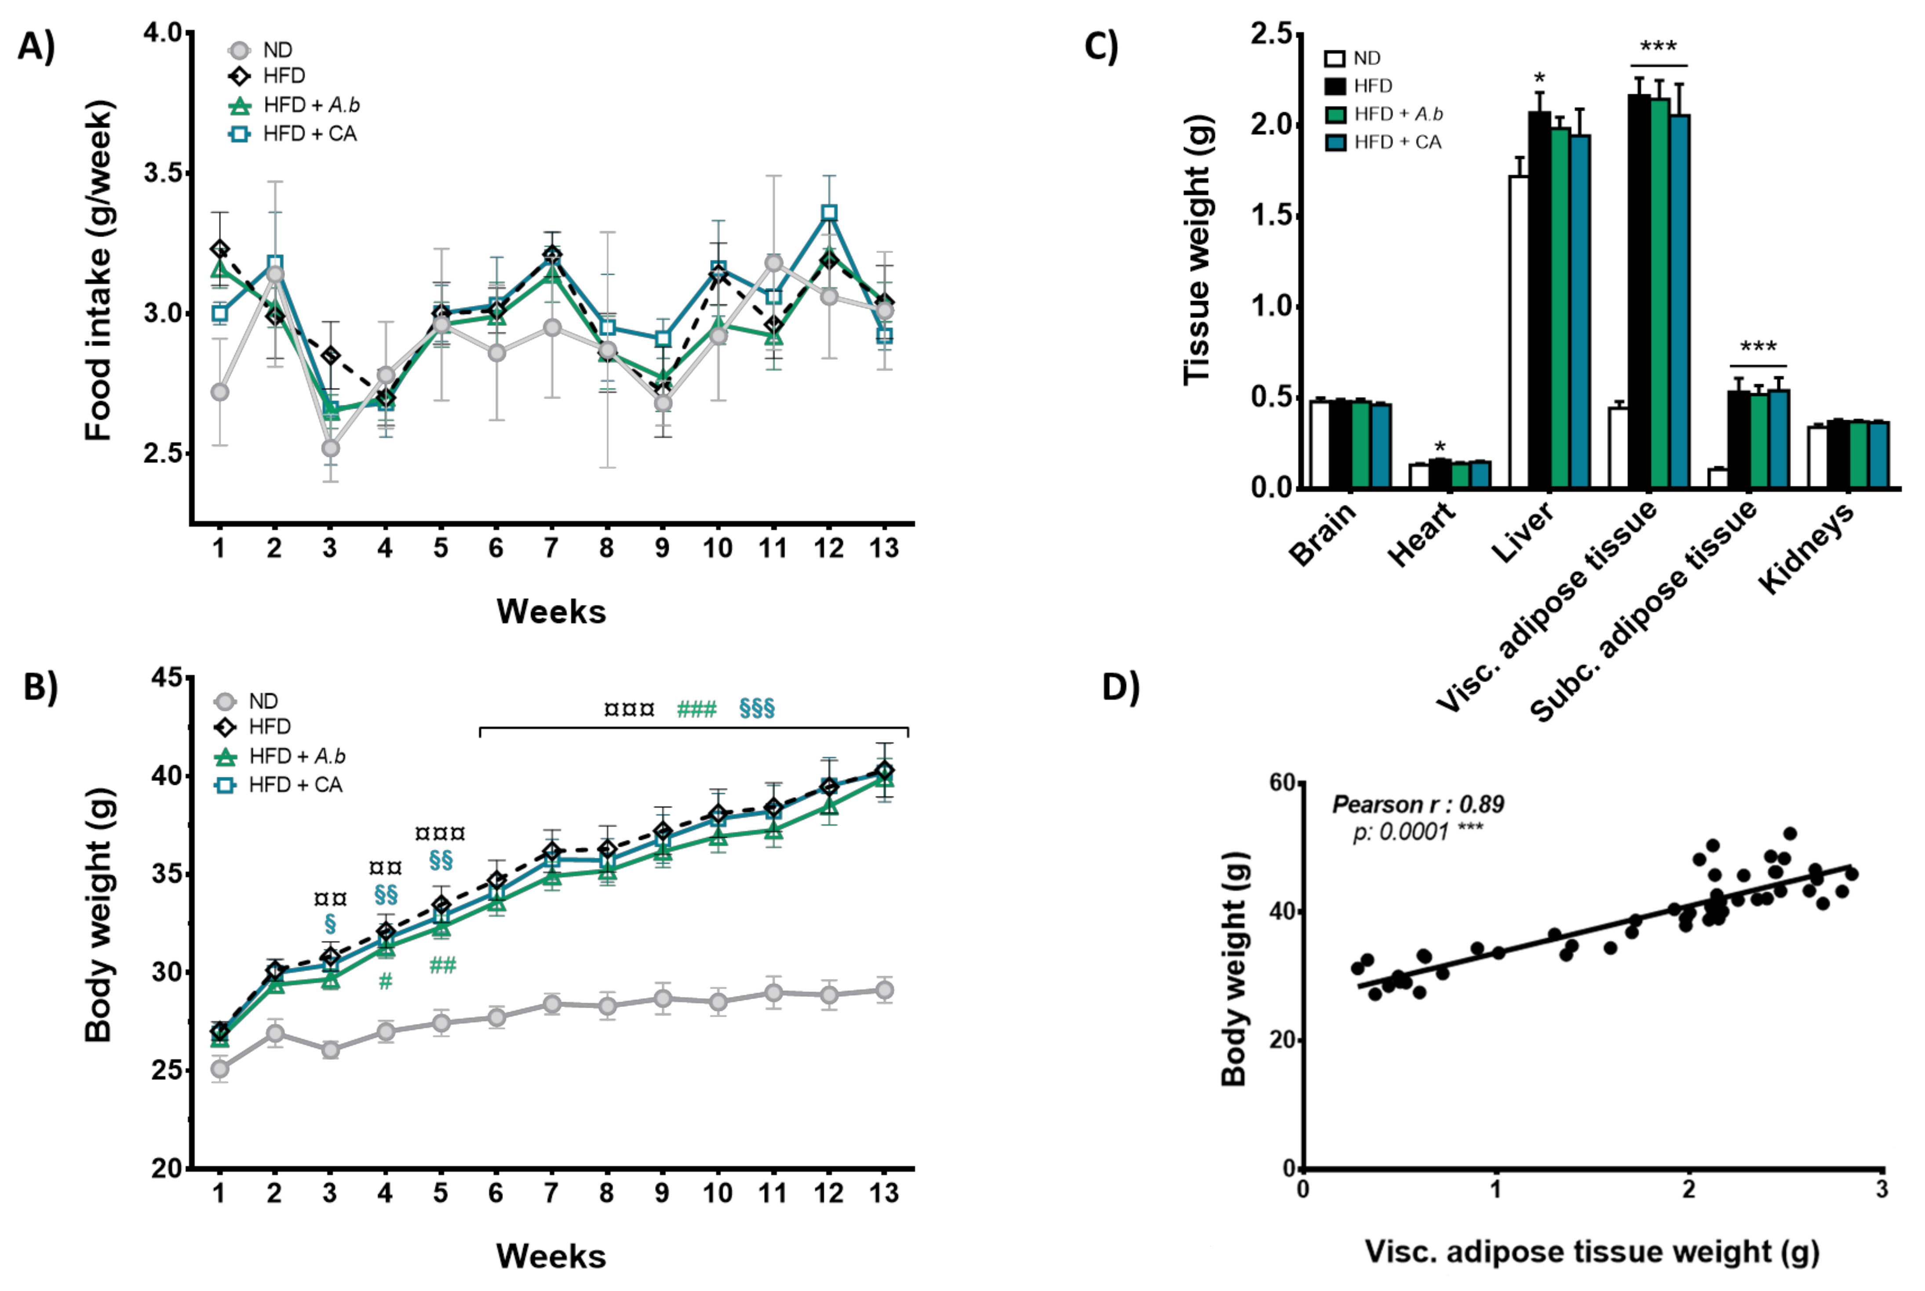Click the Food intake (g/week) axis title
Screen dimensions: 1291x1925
click(x=99, y=270)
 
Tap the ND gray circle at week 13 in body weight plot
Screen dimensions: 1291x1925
click(x=884, y=990)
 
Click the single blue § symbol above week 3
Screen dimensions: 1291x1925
click(x=330, y=923)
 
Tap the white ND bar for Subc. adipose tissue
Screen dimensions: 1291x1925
click(x=1717, y=478)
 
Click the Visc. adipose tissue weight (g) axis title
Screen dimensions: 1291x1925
click(x=1592, y=1251)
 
